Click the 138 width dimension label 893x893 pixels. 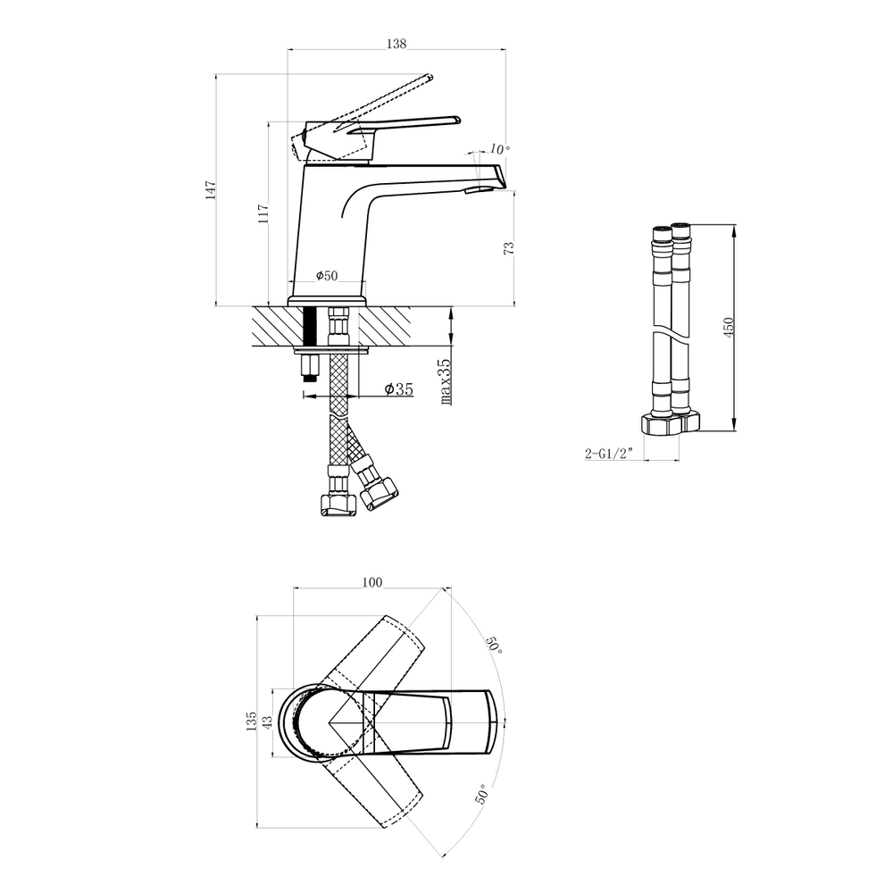pos(396,43)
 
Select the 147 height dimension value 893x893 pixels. pos(211,189)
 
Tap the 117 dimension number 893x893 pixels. pos(263,213)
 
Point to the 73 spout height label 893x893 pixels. pos(509,247)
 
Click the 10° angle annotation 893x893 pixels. pos(499,149)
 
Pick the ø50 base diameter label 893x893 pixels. pos(327,276)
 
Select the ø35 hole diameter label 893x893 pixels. pos(398,389)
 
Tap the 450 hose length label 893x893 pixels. pos(729,328)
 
